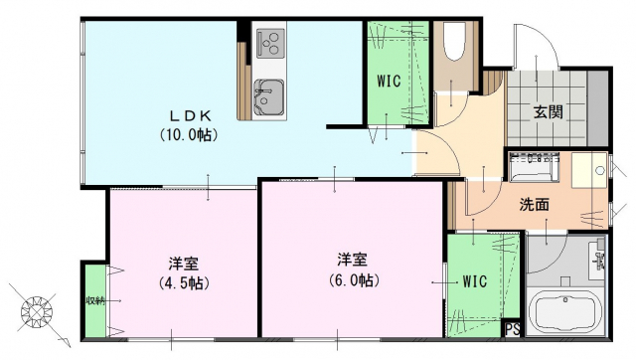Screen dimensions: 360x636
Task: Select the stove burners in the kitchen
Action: point(269,42)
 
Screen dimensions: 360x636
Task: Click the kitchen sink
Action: point(267,96)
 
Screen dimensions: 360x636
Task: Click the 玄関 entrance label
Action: point(548,112)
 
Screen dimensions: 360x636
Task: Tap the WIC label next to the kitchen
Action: point(389,82)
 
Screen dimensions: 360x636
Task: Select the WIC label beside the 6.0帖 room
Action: point(474,281)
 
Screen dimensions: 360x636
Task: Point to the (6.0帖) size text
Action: point(352,280)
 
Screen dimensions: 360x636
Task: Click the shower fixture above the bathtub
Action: point(597,261)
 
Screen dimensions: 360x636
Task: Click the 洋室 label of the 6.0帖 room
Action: point(352,260)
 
